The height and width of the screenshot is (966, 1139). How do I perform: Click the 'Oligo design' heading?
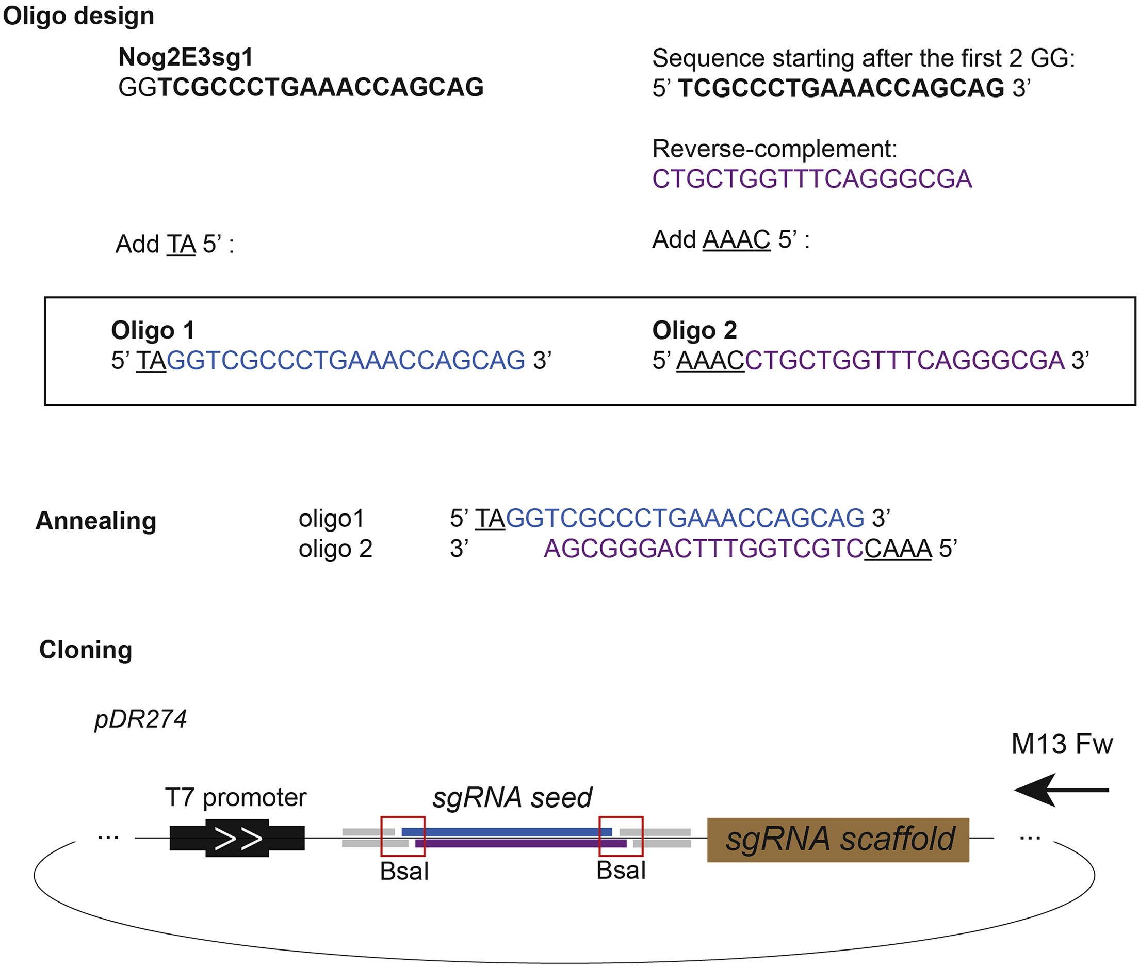78,16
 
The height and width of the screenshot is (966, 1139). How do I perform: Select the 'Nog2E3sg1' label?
186,57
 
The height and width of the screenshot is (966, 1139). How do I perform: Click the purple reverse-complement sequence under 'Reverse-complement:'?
812,179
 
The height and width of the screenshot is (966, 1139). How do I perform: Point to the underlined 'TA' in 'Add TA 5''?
181,244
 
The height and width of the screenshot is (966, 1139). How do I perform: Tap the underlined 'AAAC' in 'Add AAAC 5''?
736,240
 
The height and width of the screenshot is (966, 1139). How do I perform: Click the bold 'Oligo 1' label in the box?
153,330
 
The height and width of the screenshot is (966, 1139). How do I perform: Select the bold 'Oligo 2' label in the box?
694,330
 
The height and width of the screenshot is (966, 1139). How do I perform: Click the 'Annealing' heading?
96,520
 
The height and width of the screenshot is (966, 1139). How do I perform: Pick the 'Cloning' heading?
86,650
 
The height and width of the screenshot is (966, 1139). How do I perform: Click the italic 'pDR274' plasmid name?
141,719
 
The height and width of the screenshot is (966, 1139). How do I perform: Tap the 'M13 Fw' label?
1061,744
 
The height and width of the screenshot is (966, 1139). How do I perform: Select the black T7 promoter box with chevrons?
237,838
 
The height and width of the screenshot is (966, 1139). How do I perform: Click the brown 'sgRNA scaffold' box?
837,840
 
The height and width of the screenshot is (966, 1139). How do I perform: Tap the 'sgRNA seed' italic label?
512,797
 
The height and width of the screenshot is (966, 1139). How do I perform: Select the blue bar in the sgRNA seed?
506,832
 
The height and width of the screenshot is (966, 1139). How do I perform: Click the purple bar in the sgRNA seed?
520,843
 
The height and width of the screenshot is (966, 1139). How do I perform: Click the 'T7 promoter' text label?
235,797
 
